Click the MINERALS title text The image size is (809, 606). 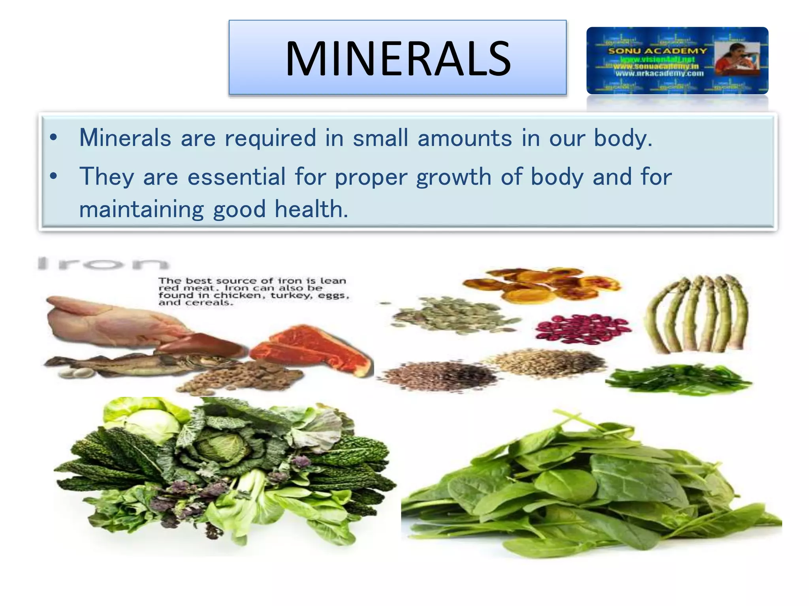pyautogui.click(x=398, y=59)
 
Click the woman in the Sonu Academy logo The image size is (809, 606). pyautogui.click(x=736, y=61)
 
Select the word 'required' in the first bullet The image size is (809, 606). pyautogui.click(x=271, y=138)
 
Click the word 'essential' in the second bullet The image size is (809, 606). pyautogui.click(x=236, y=177)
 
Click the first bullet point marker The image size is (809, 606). pyautogui.click(x=54, y=138)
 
